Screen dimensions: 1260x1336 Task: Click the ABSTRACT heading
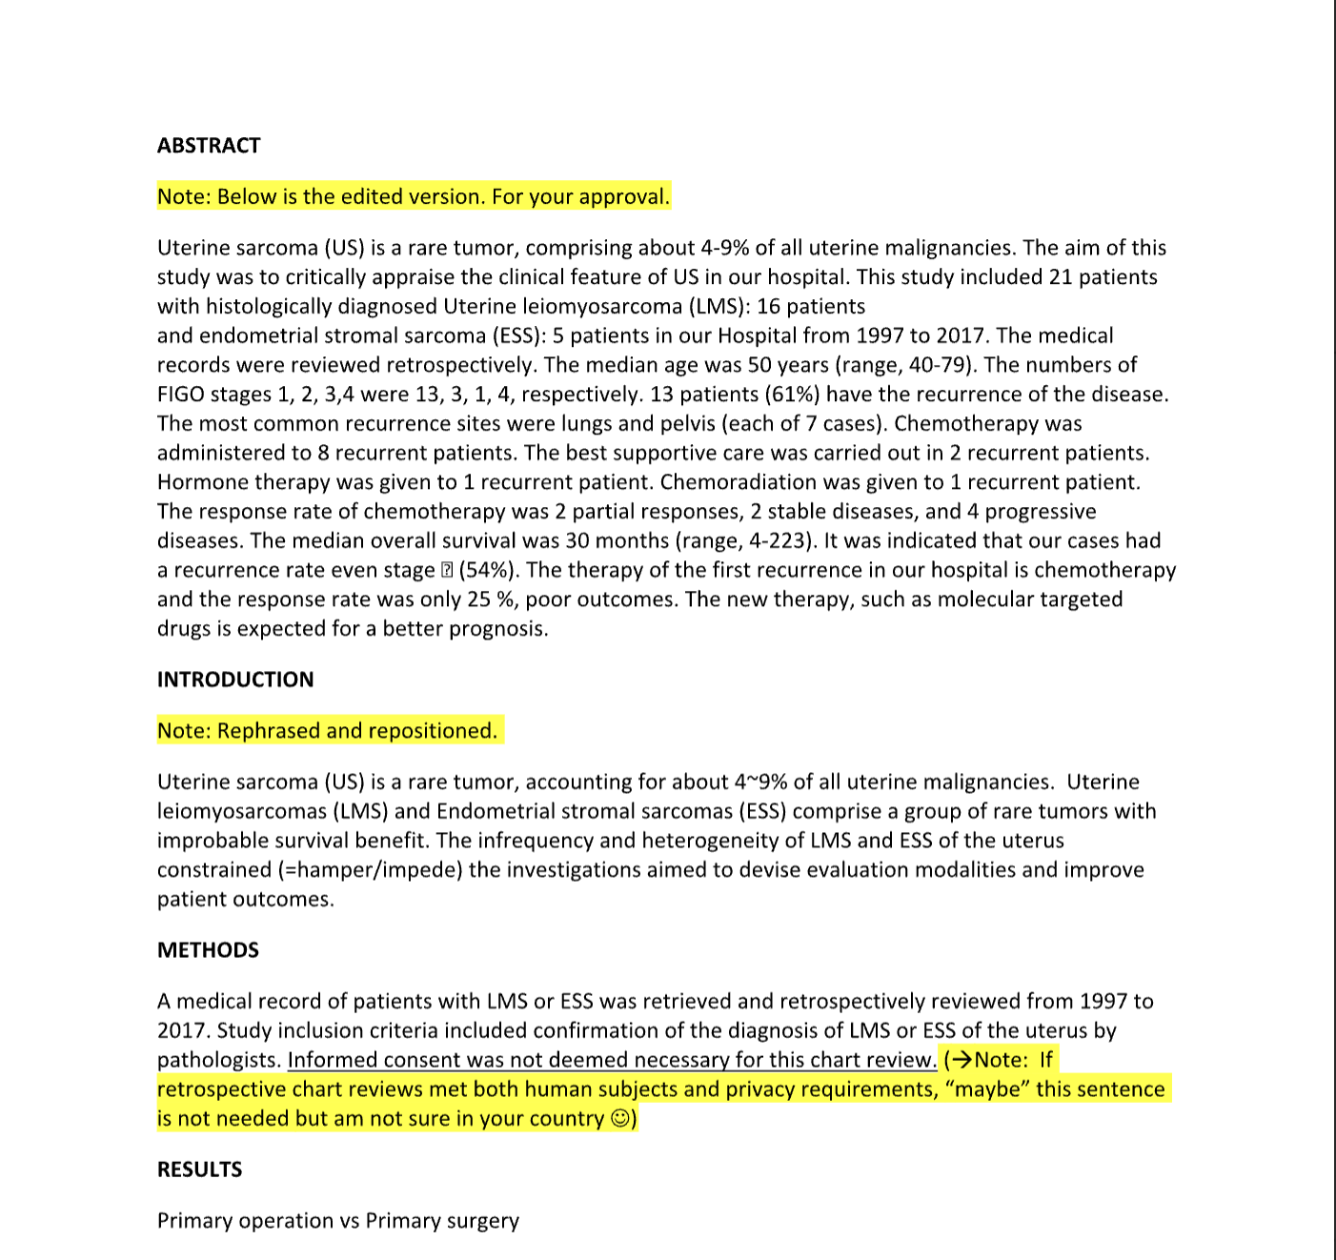click(x=209, y=146)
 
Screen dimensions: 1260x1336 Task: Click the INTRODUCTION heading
click(x=235, y=680)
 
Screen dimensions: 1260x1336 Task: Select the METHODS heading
click(x=208, y=950)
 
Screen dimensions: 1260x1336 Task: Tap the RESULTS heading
click(x=199, y=1169)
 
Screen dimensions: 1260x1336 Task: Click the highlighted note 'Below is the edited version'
click(x=414, y=197)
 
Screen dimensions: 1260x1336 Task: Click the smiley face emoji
click(x=620, y=1119)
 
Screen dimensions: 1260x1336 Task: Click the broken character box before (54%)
click(x=447, y=571)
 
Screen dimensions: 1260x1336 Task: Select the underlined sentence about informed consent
click(x=612, y=1060)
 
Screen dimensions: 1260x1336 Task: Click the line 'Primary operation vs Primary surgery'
click(x=338, y=1221)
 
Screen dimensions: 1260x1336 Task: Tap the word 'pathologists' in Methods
click(x=218, y=1060)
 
